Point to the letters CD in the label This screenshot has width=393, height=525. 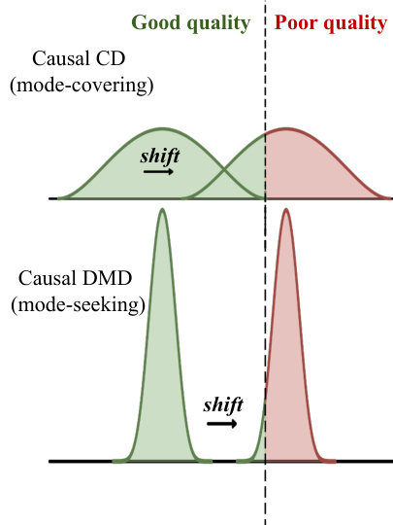pos(111,58)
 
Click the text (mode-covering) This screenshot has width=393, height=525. pos(82,86)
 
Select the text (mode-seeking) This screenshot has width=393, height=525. pos(79,305)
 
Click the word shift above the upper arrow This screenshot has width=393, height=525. pos(160,156)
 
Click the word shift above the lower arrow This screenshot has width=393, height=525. pos(223,404)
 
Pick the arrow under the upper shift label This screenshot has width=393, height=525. pos(158,172)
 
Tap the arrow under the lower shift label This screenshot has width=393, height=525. pos(222,424)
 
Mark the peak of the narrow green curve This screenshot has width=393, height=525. pos(162,210)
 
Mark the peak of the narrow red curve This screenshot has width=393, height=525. pos(286,210)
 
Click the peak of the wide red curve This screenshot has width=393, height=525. pos(286,129)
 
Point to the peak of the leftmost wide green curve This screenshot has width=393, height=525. pos(162,129)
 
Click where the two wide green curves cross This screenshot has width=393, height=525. pos(224,171)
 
